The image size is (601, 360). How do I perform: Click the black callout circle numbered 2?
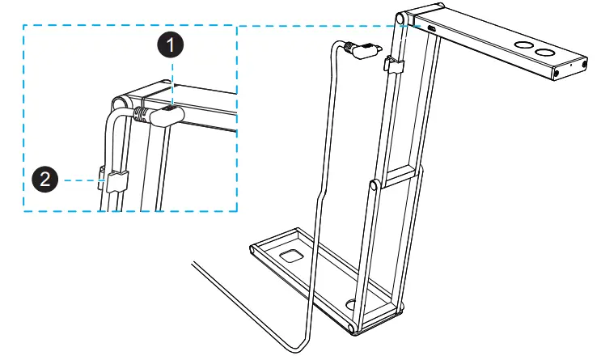click(x=45, y=180)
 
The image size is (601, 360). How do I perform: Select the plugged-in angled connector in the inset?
click(x=167, y=116)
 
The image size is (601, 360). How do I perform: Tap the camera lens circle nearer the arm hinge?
click(x=522, y=45)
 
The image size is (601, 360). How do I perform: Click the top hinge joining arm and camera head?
click(x=402, y=19)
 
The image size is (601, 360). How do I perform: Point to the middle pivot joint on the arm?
click(x=373, y=187)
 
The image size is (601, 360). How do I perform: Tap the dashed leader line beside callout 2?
click(x=81, y=180)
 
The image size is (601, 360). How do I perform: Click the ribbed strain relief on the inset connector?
click(x=142, y=114)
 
